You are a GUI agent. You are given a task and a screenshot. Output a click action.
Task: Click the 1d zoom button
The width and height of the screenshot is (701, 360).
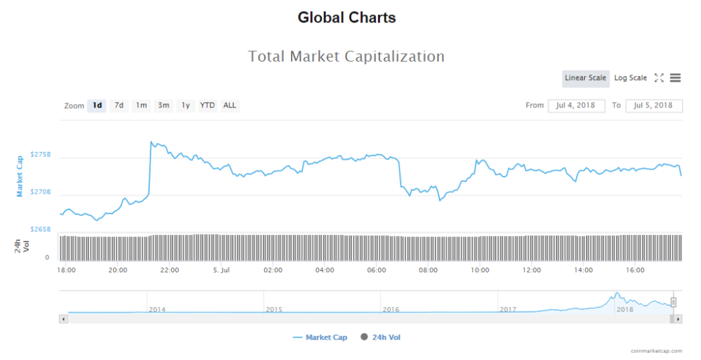point(97,105)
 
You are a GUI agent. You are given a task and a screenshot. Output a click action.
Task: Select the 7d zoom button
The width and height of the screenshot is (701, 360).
point(119,105)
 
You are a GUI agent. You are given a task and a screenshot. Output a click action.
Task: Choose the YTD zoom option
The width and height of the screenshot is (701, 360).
point(207,105)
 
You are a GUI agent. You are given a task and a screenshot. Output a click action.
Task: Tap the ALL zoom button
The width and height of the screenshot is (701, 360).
point(230,105)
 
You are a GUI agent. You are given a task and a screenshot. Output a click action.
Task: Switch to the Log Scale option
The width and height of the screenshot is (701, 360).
point(630,78)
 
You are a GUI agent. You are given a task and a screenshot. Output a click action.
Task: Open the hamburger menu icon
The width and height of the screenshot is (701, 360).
point(675,78)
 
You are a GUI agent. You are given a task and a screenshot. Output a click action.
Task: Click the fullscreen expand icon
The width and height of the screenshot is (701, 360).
point(659,78)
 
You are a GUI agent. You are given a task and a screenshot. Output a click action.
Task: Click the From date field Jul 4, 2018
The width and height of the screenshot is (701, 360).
point(576,105)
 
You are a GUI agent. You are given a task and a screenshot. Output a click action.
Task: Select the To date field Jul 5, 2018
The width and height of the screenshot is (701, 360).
point(653,105)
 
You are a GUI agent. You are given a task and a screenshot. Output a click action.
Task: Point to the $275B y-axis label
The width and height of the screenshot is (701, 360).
point(40,155)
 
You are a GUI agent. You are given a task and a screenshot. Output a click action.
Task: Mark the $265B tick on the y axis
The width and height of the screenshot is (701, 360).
point(40,229)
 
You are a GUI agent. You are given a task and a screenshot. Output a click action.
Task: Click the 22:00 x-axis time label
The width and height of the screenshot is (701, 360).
point(170,270)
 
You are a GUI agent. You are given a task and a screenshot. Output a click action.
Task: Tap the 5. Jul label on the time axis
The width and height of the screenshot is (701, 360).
point(220,270)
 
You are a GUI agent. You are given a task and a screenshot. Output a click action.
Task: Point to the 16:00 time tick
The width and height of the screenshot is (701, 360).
point(635,270)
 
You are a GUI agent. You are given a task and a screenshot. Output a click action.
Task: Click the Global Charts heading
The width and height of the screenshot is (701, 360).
point(346,18)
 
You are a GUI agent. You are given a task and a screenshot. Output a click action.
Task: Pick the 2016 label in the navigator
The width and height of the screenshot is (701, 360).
point(391,310)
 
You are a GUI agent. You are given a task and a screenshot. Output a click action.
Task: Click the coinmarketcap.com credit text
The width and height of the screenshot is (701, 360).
point(658,350)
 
